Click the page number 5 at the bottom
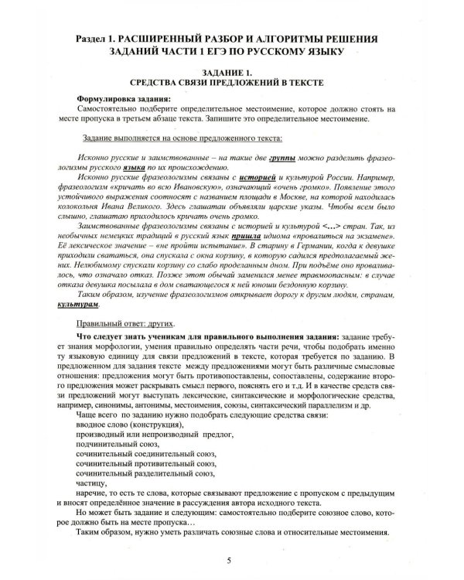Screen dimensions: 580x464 tap(228, 561)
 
